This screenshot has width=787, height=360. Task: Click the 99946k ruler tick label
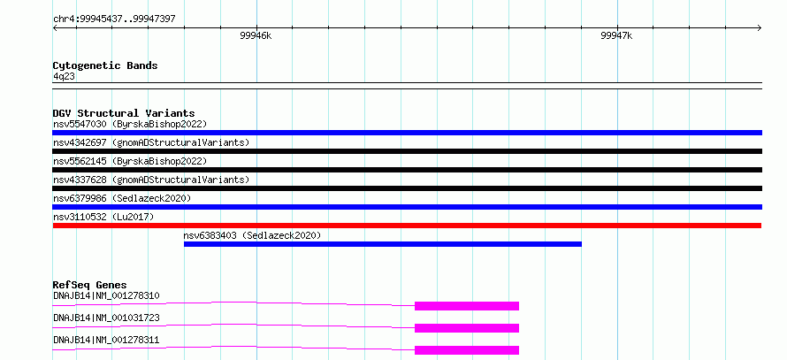256,36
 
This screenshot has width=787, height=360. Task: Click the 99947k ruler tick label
617,36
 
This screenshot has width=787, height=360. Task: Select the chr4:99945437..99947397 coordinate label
114,19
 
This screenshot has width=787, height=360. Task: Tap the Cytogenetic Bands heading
105,65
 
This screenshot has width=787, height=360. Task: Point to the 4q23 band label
65,76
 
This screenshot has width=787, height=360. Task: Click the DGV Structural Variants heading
124,113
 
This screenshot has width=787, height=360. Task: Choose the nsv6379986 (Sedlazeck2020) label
122,198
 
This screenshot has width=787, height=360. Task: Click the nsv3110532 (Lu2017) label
103,217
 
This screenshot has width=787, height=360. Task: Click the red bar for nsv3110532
407,226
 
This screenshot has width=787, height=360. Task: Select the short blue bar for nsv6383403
383,244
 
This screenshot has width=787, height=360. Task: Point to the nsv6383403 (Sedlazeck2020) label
252,235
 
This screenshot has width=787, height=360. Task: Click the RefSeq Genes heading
90,285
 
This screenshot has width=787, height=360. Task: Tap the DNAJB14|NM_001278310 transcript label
106,295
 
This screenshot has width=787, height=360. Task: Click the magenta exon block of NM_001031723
467,328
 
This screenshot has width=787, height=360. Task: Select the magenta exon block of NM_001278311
467,350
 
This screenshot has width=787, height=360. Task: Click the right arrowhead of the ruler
760,28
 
